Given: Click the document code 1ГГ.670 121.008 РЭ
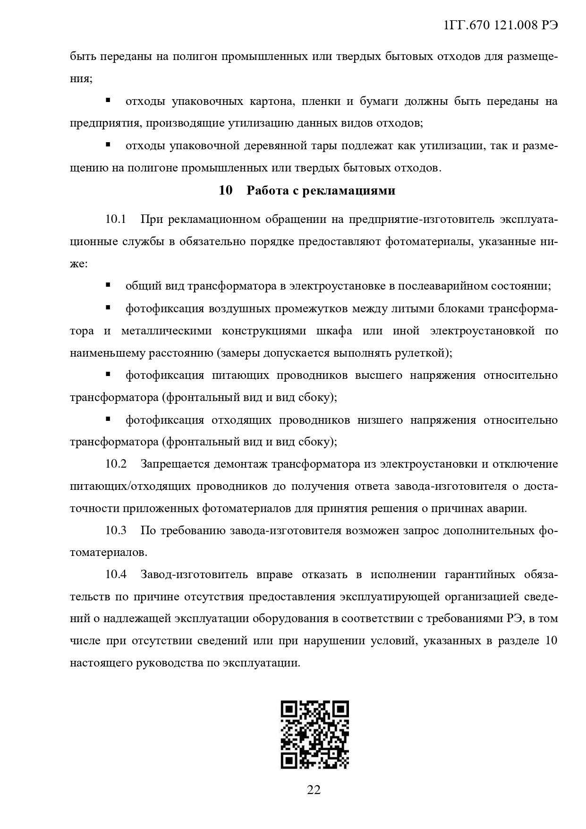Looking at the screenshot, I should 501,26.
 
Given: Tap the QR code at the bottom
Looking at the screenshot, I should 314,734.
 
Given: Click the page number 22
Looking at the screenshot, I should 314,789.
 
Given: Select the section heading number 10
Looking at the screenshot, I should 226,191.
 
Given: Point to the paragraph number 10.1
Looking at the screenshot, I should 116,220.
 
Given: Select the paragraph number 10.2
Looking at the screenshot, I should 116,464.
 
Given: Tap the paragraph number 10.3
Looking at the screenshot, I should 116,530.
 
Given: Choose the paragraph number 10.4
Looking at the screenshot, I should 116,575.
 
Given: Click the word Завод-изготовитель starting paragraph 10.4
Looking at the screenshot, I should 194,575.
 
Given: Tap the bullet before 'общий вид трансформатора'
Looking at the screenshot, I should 108,285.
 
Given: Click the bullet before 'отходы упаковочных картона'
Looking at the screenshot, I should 108,100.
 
